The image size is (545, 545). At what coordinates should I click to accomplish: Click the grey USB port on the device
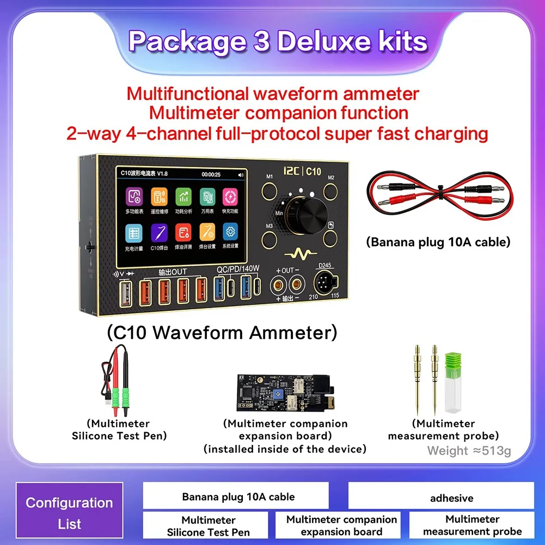(x=124, y=292)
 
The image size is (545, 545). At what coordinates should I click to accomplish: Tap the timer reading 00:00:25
(x=212, y=175)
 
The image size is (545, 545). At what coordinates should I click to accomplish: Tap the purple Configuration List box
(x=69, y=513)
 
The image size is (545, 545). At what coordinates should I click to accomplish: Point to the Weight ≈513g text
(x=469, y=451)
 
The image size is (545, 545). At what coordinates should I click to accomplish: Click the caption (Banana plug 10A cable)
(x=438, y=242)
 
